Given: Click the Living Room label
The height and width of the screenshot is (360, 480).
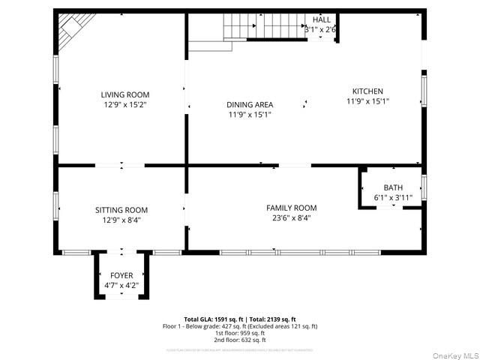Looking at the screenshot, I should coord(125,94).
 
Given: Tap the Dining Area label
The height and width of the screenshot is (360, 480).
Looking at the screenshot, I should coord(250,104).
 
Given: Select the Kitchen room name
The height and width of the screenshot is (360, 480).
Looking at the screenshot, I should coord(367,91).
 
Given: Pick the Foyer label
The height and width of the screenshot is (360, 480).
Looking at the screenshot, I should coord(121,275).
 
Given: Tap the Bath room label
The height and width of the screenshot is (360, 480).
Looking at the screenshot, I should coord(393,187).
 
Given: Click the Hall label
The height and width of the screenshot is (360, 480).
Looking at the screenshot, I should coord(321,19).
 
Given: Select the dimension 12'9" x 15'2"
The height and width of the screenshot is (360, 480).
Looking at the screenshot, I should coord(125,105).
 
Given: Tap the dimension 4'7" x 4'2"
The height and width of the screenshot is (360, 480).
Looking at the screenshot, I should coord(121,285).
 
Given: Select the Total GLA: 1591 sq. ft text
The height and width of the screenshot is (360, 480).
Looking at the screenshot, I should coord(211,319).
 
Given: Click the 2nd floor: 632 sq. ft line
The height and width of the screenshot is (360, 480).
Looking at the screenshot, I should coord(240,340).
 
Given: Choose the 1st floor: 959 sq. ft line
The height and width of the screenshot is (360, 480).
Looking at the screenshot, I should coord(240,333).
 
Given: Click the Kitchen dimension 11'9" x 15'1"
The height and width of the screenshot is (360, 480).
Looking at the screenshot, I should coord(367,100).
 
